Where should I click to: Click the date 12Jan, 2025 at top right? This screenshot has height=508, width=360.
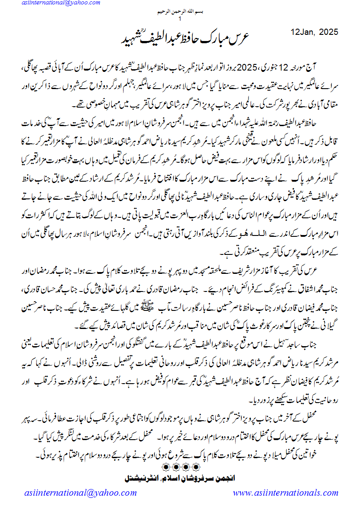[315, 32]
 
